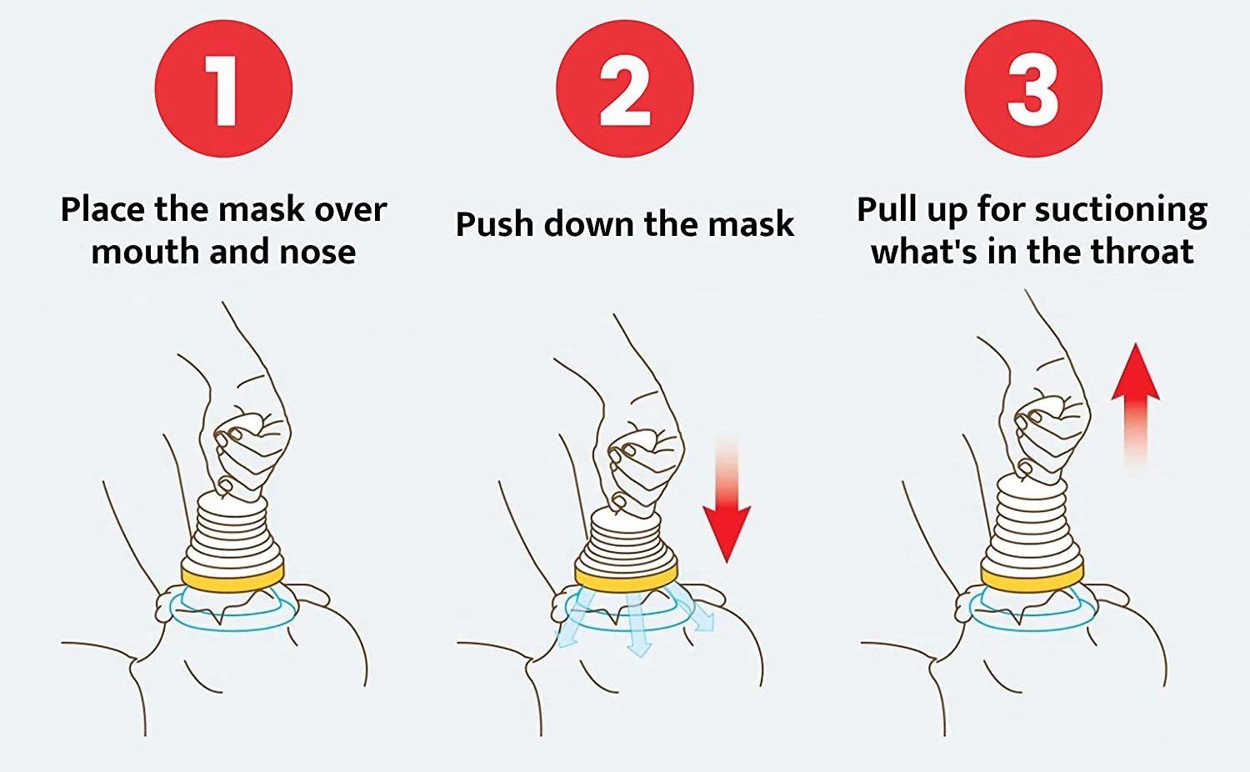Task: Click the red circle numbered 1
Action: tap(223, 89)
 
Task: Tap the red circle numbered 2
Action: tap(624, 89)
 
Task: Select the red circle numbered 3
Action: tap(1032, 89)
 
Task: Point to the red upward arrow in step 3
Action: tap(1135, 392)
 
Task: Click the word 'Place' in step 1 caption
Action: tap(102, 209)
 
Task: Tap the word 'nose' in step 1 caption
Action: tap(317, 252)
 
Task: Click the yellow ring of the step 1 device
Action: tap(232, 578)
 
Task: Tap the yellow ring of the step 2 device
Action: tap(626, 578)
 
